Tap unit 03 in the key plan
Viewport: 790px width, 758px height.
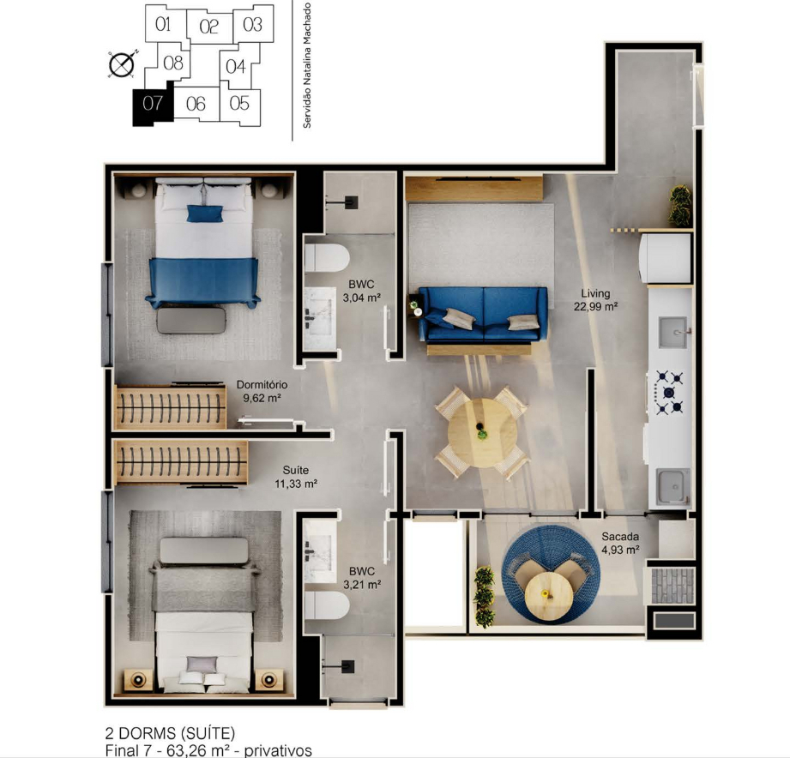pyautogui.click(x=253, y=24)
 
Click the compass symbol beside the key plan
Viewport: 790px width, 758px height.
pyautogui.click(x=122, y=64)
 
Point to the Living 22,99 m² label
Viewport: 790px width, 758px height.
pyautogui.click(x=595, y=299)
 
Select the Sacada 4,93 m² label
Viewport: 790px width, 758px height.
pyautogui.click(x=620, y=543)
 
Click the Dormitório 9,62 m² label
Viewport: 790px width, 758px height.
pyautogui.click(x=262, y=391)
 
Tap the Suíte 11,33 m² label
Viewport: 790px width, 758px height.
pyautogui.click(x=296, y=477)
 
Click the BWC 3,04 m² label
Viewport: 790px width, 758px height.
pyautogui.click(x=361, y=292)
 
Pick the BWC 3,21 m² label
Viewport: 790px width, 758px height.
pyautogui.click(x=362, y=578)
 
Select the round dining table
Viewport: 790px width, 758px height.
pyautogui.click(x=482, y=433)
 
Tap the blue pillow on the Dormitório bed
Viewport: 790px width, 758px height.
pyautogui.click(x=205, y=213)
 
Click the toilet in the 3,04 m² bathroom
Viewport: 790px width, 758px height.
pyautogui.click(x=327, y=258)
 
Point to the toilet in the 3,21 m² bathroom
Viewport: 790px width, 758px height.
pyautogui.click(x=327, y=605)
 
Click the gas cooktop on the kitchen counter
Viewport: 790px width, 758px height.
pyautogui.click(x=668, y=392)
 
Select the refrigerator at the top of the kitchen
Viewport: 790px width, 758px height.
pyautogui.click(x=665, y=258)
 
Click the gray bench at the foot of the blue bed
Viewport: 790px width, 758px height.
pyautogui.click(x=191, y=321)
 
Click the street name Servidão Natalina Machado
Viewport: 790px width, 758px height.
pyautogui.click(x=307, y=65)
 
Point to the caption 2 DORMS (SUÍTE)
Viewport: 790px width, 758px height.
pyautogui.click(x=170, y=733)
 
